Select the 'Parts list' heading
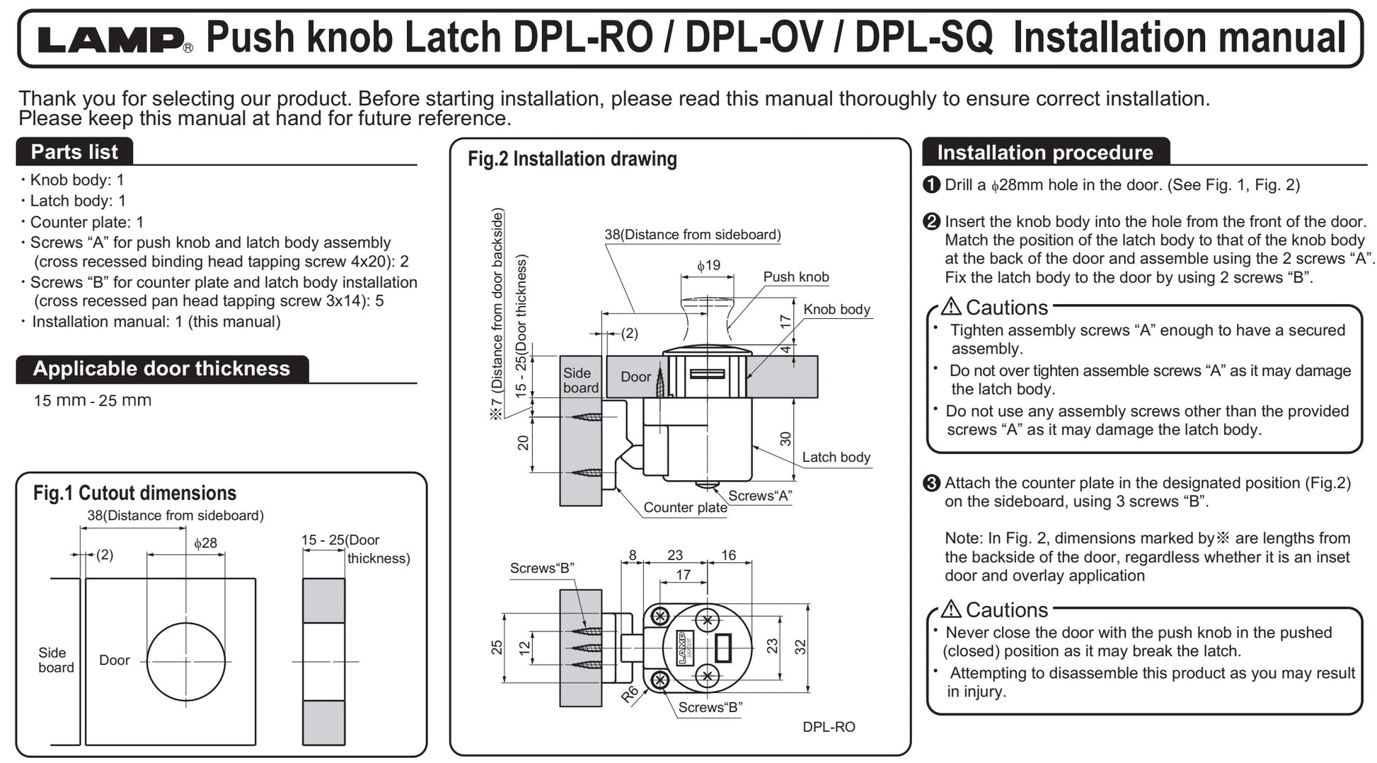click(74, 152)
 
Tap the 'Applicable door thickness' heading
click(161, 368)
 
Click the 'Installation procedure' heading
click(1044, 152)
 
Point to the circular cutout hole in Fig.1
click(186, 662)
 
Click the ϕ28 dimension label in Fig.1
click(205, 543)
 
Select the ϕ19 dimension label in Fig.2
click(708, 265)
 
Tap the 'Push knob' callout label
click(796, 277)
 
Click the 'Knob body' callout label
click(836, 310)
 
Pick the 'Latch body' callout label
click(836, 458)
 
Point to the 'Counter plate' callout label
click(685, 508)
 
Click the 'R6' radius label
click(630, 694)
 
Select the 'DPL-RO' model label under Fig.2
click(829, 727)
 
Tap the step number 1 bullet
click(932, 185)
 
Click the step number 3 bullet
click(932, 484)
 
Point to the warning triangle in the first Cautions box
click(951, 307)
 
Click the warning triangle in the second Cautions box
click(951, 609)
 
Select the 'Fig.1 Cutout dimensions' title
click(134, 493)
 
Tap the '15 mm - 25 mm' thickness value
click(93, 400)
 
